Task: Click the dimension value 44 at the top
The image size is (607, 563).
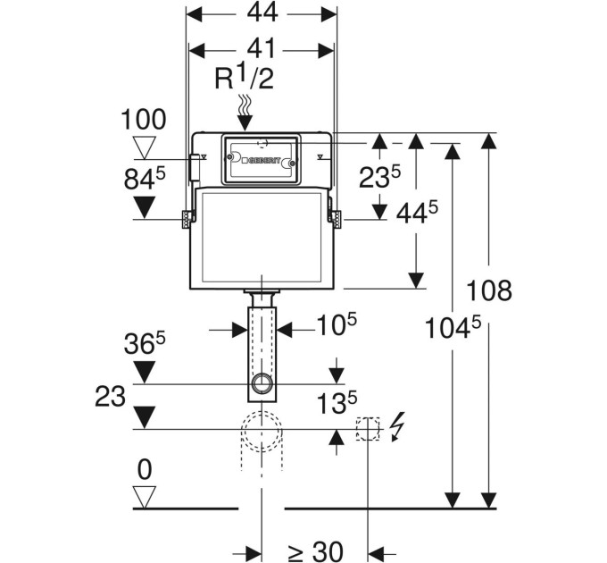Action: (x=262, y=13)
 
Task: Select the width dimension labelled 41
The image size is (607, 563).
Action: (x=261, y=48)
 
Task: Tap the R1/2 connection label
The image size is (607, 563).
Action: (x=244, y=78)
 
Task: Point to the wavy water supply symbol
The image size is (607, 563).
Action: (x=245, y=105)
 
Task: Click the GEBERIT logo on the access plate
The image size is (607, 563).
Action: (x=262, y=161)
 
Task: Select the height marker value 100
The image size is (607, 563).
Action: (x=143, y=120)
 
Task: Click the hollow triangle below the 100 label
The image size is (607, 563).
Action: (x=145, y=147)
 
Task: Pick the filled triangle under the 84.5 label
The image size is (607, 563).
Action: (x=145, y=207)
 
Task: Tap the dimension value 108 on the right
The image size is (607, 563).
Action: (x=489, y=290)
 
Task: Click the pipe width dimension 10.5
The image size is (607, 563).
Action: (x=337, y=324)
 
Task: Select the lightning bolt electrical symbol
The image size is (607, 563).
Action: (x=397, y=426)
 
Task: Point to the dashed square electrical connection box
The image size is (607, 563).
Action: (x=368, y=429)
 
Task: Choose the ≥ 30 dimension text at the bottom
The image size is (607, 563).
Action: (x=315, y=551)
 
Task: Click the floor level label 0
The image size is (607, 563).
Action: (x=145, y=470)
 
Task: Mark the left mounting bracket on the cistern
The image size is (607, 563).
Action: (x=187, y=219)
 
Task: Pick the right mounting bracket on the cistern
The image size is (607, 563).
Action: (x=336, y=219)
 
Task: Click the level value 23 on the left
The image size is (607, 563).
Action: (x=111, y=397)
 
